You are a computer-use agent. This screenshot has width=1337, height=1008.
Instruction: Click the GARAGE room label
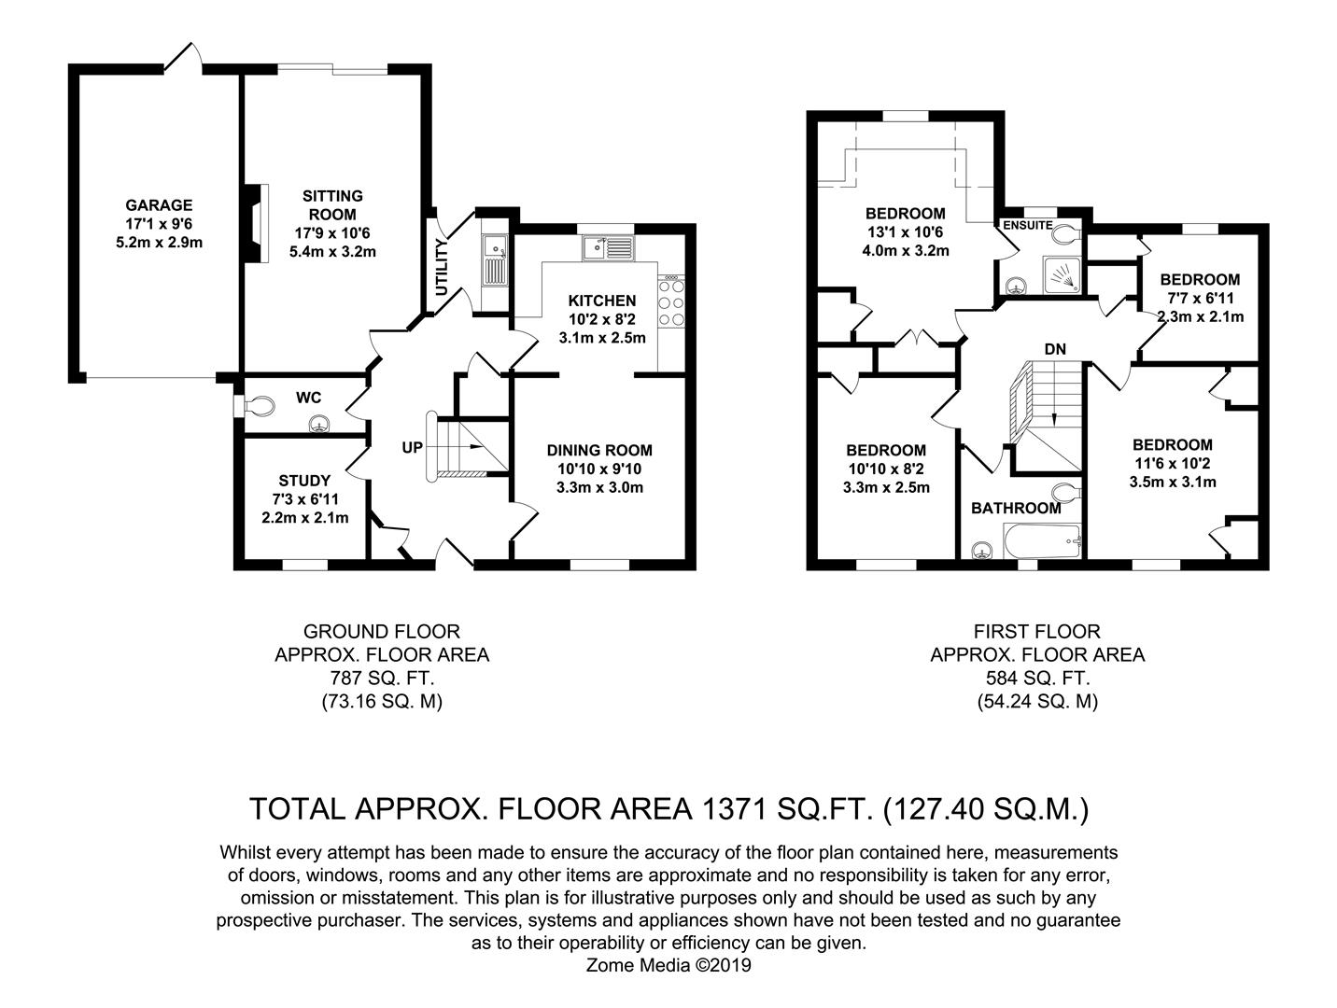coord(159,205)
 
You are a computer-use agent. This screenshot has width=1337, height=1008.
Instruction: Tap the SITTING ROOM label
coord(332,205)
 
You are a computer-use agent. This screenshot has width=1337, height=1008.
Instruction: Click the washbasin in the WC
coord(319,424)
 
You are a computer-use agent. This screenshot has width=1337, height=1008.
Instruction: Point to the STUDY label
coord(304,481)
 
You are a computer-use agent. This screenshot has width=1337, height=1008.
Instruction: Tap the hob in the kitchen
coord(671,301)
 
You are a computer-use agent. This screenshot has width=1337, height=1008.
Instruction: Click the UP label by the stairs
coord(412,447)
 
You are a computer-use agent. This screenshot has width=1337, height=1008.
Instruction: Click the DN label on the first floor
coord(1055,349)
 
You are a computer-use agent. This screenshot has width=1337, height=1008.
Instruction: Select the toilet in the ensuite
coord(1066,234)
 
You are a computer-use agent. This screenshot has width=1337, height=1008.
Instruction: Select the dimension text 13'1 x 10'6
coord(905,231)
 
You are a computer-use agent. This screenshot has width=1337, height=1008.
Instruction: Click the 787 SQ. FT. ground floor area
coord(382,679)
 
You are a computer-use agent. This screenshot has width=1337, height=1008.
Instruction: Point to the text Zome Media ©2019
coord(668,965)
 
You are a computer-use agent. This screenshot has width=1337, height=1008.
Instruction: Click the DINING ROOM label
coord(599,451)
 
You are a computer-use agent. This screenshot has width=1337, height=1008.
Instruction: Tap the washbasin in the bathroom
coord(982,551)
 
